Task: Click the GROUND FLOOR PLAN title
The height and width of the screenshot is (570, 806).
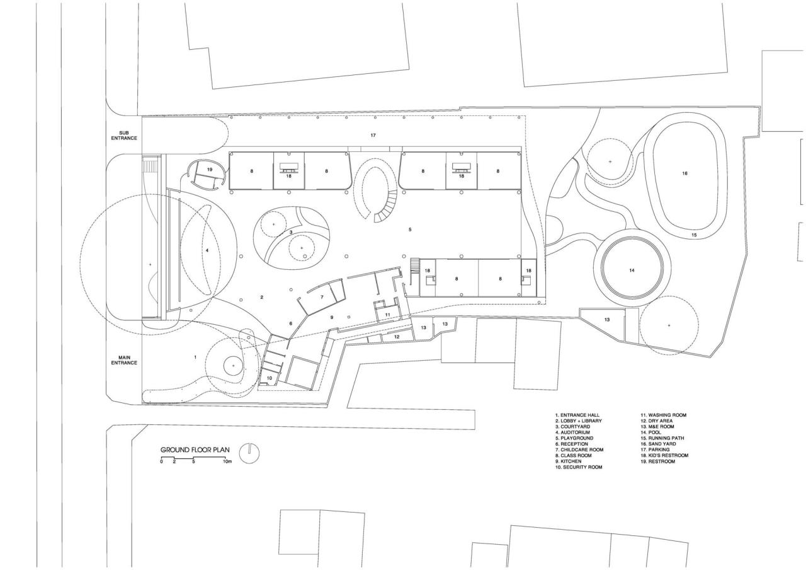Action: click(x=195, y=450)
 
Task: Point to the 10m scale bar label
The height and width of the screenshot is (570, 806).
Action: click(x=227, y=462)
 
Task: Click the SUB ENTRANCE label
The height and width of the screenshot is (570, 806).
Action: click(x=124, y=136)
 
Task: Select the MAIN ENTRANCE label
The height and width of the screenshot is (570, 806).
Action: click(x=124, y=360)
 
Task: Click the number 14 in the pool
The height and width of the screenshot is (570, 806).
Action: click(x=632, y=270)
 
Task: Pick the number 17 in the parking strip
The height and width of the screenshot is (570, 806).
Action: click(x=373, y=136)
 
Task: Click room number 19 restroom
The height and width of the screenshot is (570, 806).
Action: click(x=209, y=170)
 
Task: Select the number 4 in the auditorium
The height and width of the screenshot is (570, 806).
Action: click(x=207, y=250)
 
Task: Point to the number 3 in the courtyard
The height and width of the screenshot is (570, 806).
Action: click(x=290, y=232)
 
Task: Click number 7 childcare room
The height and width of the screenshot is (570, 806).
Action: click(x=321, y=296)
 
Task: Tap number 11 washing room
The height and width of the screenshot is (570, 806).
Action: click(x=388, y=314)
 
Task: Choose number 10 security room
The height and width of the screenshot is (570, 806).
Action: click(x=269, y=378)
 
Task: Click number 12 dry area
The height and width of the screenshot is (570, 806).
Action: click(x=397, y=337)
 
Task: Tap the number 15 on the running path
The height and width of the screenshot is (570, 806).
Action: click(x=694, y=235)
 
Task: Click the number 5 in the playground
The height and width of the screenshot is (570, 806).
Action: click(x=410, y=230)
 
